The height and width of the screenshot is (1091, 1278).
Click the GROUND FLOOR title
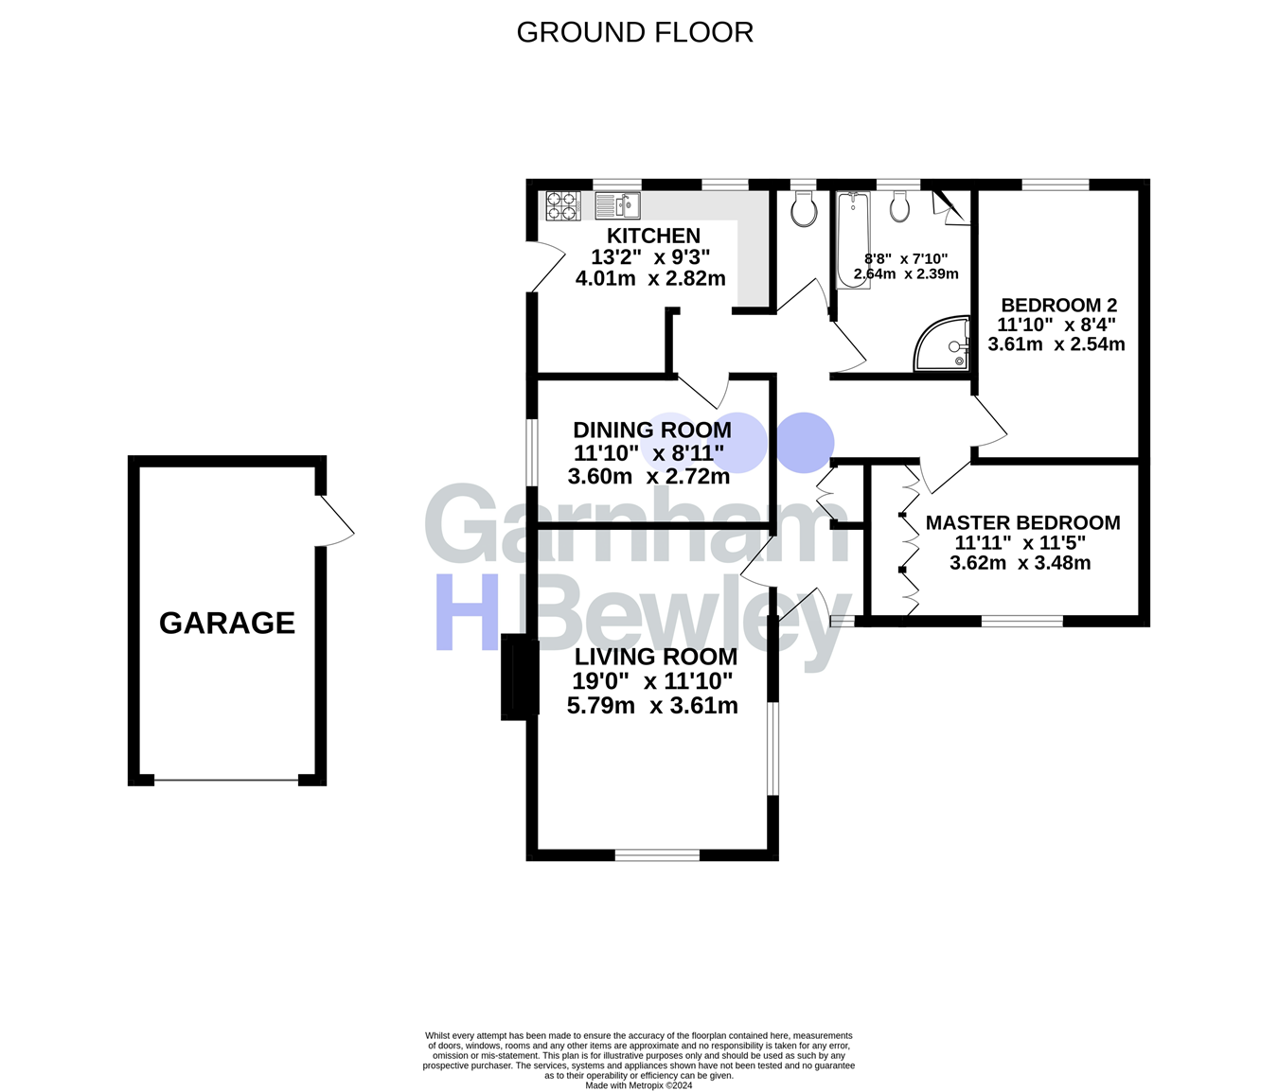tap(634, 32)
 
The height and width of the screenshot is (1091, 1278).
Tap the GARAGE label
tap(227, 623)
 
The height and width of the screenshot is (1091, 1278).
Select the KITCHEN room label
tap(653, 236)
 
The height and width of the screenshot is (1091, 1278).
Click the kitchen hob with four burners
tap(562, 205)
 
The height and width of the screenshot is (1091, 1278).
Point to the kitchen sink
tap(618, 204)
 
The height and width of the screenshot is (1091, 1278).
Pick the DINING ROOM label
tap(652, 431)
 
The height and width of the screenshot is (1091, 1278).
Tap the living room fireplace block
tap(519, 677)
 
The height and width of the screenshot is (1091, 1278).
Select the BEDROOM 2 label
tap(1058, 305)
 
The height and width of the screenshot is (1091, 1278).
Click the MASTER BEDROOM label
tap(1022, 522)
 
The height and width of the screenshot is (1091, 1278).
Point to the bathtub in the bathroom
tap(853, 238)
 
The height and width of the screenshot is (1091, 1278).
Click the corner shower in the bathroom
tap(943, 343)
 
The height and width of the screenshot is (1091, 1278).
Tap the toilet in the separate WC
tap(804, 210)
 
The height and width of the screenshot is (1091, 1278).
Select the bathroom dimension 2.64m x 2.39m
tap(906, 274)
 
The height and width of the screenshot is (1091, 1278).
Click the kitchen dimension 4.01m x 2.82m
tap(650, 278)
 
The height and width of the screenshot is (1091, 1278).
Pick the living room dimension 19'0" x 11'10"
tap(652, 681)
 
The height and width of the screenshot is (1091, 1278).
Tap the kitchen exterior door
tap(545, 266)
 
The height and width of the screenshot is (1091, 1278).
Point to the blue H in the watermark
tap(467, 612)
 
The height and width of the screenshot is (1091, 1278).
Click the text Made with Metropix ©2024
tap(639, 1085)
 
